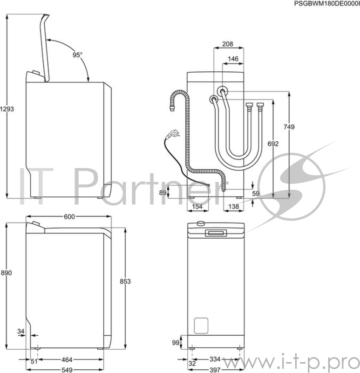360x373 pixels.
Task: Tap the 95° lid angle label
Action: point(77,55)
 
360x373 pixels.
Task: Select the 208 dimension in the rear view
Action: point(227,44)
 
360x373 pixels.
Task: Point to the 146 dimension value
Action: point(233,59)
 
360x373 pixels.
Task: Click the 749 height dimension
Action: point(289,127)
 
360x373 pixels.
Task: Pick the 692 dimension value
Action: point(273,144)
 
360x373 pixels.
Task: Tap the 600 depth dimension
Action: point(69,217)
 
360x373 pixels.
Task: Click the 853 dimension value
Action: point(125,281)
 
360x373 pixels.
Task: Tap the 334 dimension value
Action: point(215,359)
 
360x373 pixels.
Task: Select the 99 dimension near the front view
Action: point(176,342)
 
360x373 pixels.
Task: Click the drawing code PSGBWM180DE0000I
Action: point(326,3)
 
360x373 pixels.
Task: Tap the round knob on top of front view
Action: point(201,223)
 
